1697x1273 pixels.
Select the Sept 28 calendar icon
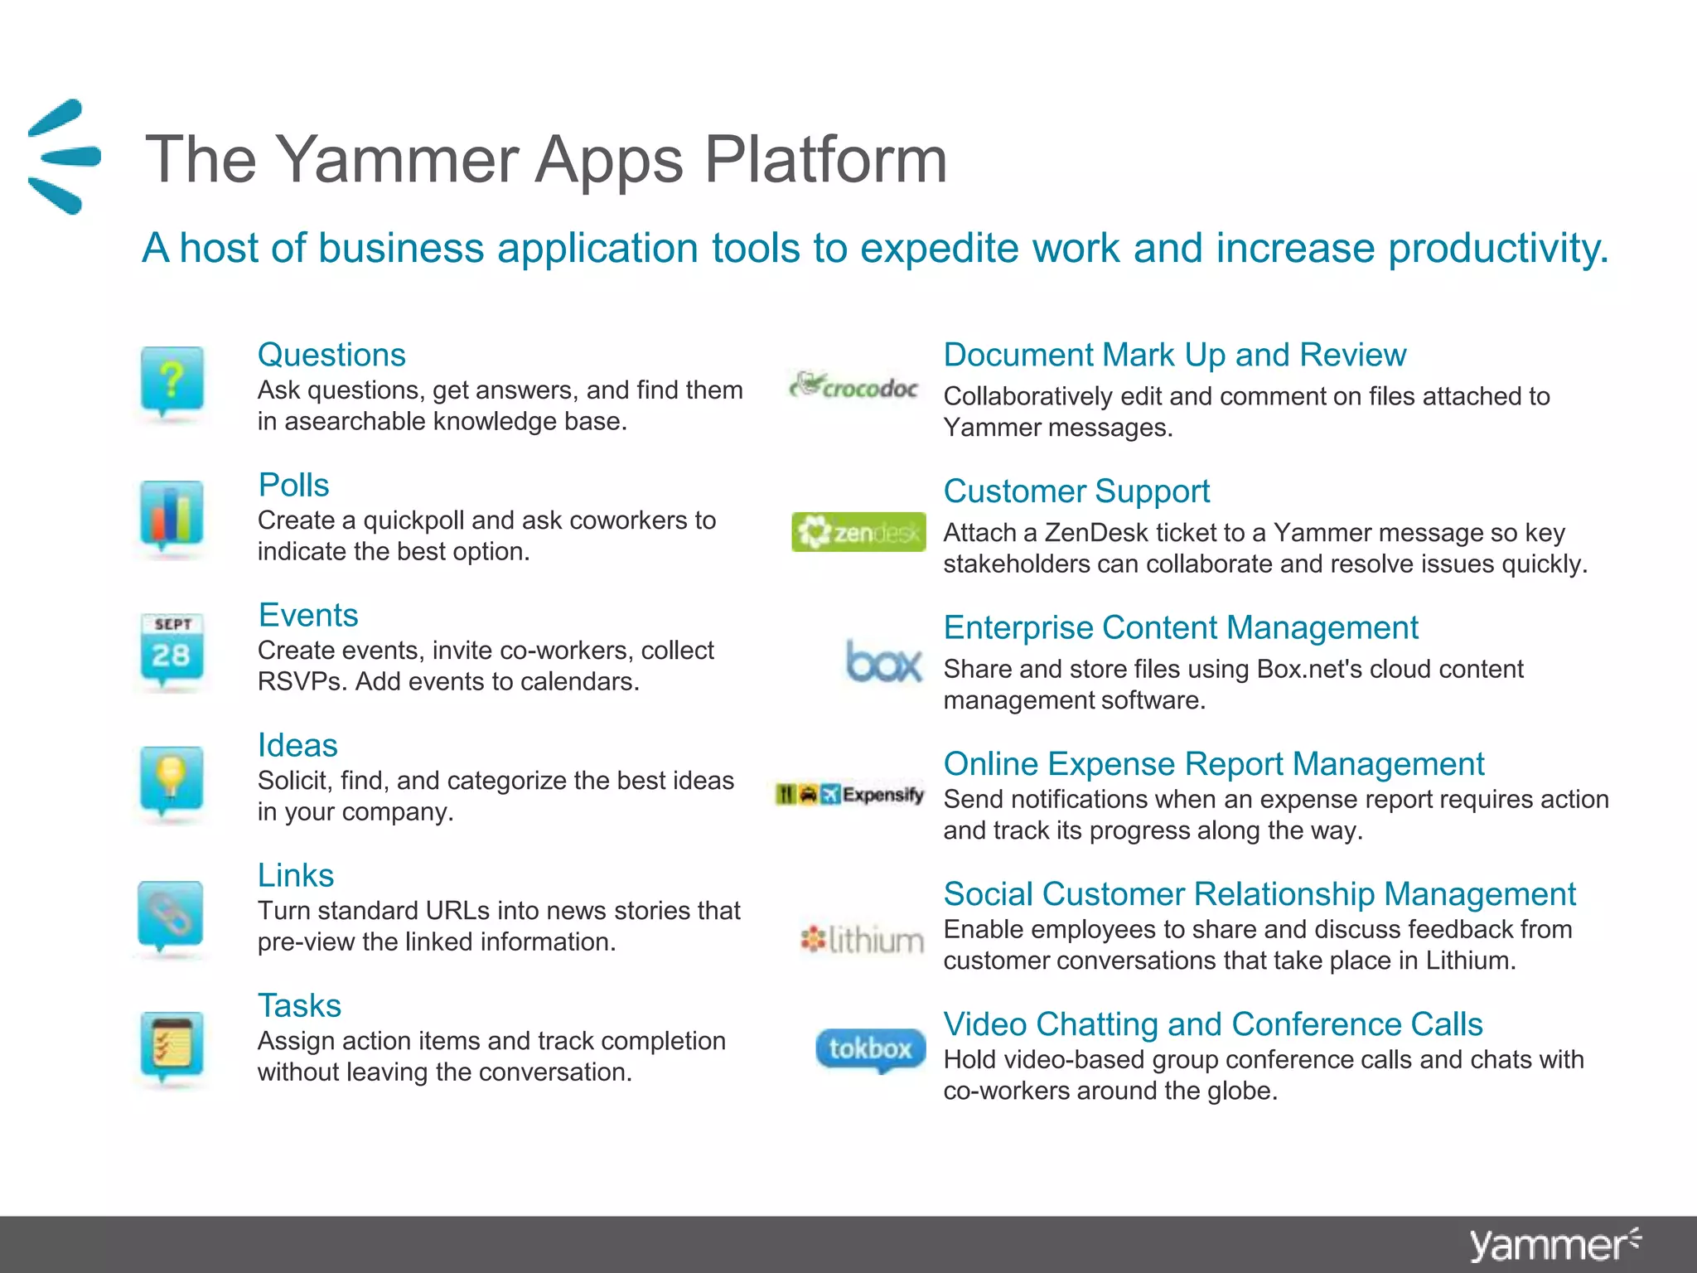point(172,650)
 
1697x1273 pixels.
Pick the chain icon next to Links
point(171,914)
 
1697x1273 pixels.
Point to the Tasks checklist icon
point(172,1045)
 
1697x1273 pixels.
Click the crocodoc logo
point(854,385)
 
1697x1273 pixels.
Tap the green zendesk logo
point(858,532)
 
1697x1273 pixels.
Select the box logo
point(883,661)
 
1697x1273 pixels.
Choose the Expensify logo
point(850,795)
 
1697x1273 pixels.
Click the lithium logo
point(862,940)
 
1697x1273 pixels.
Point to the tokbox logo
point(870,1049)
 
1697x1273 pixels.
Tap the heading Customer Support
point(1076,491)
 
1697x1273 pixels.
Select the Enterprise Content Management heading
point(1181,628)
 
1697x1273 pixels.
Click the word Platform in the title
point(825,159)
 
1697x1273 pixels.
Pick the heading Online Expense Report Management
point(1214,764)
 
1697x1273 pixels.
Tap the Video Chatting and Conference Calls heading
point(1213,1024)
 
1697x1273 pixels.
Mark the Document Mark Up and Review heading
point(1175,356)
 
